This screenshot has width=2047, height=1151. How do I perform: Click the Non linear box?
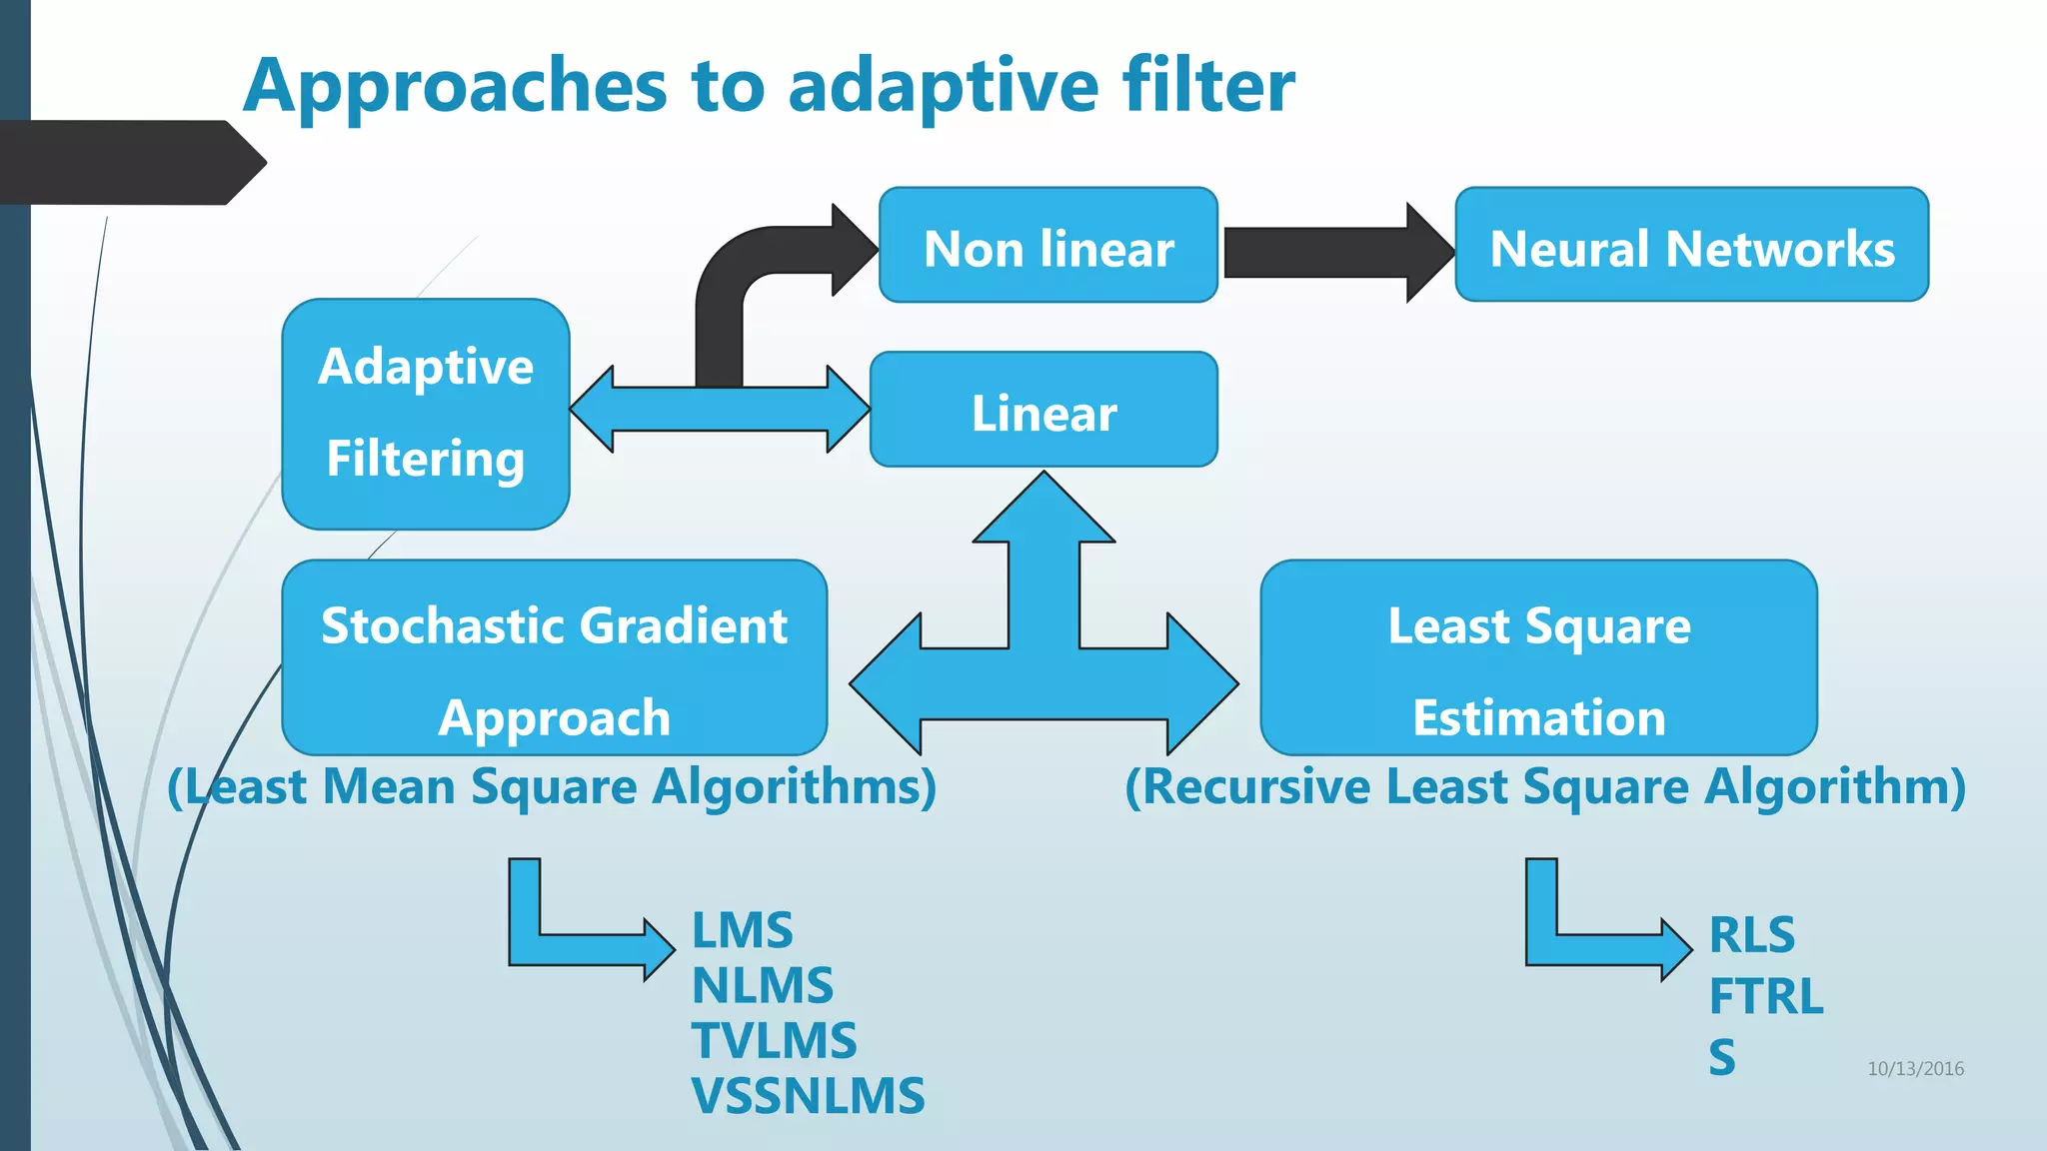point(1048,245)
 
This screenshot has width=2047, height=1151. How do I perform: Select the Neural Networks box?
point(1691,245)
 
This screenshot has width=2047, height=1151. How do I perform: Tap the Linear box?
point(1043,410)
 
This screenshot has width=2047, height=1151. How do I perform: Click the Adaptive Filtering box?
point(426,414)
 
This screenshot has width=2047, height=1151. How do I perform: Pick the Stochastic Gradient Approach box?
point(554,657)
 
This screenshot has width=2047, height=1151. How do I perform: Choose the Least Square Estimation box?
point(1538,657)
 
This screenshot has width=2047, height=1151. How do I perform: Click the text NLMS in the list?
point(762,985)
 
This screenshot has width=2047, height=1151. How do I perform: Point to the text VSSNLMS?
point(808,1096)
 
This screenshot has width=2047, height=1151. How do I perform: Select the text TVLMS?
point(774,1040)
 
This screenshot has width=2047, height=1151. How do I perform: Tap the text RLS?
point(1751,935)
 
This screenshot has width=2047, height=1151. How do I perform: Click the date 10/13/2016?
point(1915,1068)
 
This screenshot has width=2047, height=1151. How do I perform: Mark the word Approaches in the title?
point(455,86)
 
